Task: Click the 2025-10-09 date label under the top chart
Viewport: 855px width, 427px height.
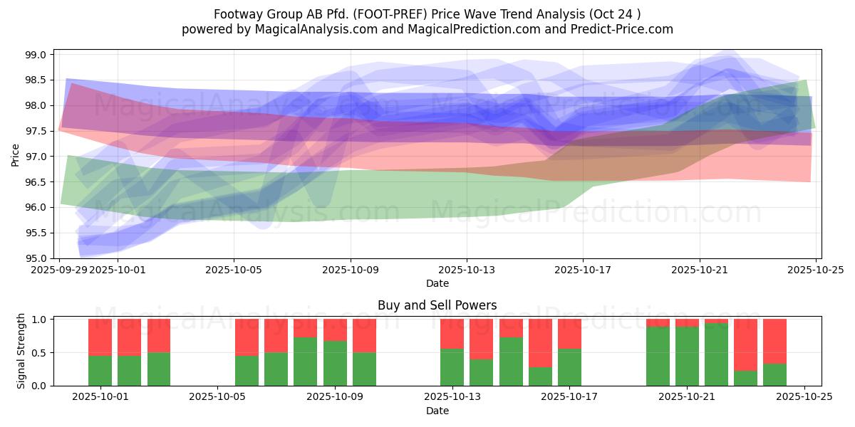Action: coord(350,270)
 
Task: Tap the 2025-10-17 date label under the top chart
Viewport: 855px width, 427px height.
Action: coord(583,270)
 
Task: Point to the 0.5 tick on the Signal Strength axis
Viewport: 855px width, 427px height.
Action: coord(40,353)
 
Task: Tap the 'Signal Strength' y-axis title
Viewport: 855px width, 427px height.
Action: coord(21,351)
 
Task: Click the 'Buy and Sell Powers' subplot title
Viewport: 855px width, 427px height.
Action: coord(437,305)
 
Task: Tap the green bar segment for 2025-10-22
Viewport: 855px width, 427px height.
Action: coord(716,354)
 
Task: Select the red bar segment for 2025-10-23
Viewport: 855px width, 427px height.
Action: coord(745,345)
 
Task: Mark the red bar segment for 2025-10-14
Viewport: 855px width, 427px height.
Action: coord(481,339)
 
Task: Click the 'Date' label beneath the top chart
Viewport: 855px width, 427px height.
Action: coord(437,283)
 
